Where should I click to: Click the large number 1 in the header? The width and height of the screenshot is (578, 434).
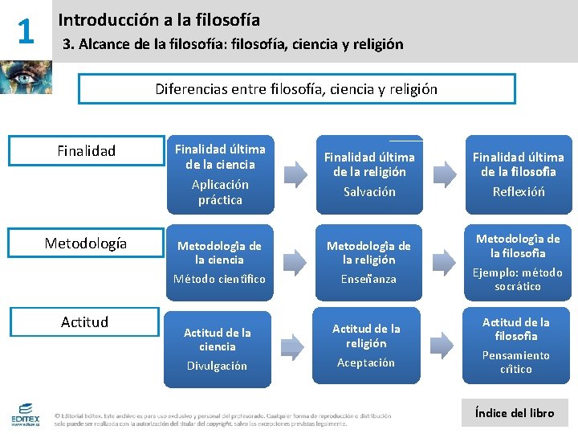(26, 31)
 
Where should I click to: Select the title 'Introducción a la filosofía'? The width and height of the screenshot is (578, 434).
(159, 19)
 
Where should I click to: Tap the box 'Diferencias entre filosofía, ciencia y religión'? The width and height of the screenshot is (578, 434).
(296, 89)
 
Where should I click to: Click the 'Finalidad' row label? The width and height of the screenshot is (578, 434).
(87, 150)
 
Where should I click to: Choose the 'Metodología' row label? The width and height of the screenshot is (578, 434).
(85, 243)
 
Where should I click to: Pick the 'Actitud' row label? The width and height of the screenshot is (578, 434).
(84, 321)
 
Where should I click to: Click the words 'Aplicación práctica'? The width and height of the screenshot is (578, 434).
(220, 192)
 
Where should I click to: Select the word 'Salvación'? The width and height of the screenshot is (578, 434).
(369, 191)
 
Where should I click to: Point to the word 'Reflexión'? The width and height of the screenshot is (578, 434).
(519, 191)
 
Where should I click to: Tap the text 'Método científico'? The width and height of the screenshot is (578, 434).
(220, 278)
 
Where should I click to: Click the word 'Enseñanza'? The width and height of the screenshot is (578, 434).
(369, 278)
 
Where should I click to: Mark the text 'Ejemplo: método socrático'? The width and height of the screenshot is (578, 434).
(519, 279)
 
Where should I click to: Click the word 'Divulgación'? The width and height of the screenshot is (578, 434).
(218, 366)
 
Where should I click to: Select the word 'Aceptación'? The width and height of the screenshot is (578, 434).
(365, 362)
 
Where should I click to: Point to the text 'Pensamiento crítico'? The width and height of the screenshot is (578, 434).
(515, 362)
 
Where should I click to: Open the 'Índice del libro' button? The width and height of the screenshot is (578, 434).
(515, 412)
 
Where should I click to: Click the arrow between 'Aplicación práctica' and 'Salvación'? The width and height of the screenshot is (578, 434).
(296, 170)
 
